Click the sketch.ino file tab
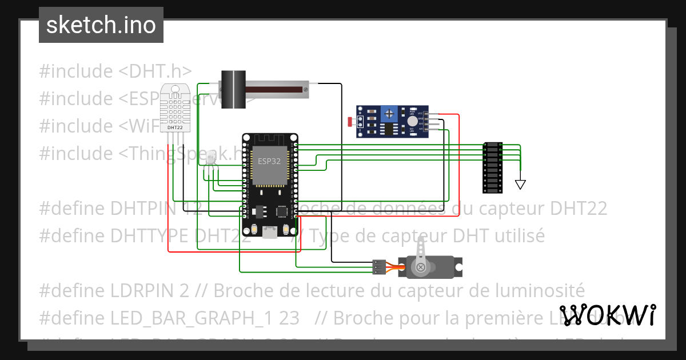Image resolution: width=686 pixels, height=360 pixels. pyautogui.click(x=101, y=25)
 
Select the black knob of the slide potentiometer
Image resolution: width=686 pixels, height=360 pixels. pyautogui.click(x=233, y=89)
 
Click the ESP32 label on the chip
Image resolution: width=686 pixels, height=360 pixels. pyautogui.click(x=269, y=161)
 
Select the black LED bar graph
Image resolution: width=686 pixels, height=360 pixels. pyautogui.click(x=492, y=167)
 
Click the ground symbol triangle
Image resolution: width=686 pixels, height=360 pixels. pyautogui.click(x=520, y=185)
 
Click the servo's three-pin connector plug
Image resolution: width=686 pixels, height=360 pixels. pyautogui.click(x=378, y=266)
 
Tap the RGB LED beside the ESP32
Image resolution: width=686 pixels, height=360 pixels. pyautogui.click(x=210, y=159)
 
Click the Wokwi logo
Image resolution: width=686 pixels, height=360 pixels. pyautogui.click(x=607, y=315)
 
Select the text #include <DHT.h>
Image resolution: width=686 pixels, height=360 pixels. pyautogui.click(x=115, y=71)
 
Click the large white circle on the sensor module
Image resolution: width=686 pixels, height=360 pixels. pyautogui.click(x=412, y=121)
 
